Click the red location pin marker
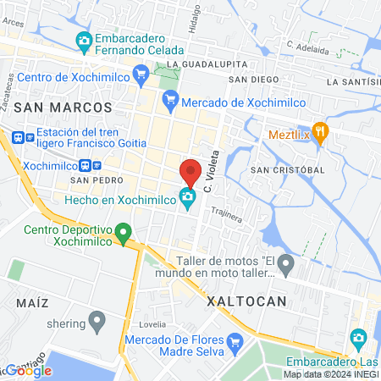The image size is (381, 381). [190, 171]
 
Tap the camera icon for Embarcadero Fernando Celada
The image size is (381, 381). [84, 40]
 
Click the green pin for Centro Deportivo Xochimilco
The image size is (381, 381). [124, 230]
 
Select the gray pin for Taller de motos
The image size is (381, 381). [286, 266]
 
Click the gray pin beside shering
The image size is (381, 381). [97, 321]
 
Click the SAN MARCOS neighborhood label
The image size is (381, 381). [63, 108]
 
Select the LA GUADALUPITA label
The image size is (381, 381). [207, 64]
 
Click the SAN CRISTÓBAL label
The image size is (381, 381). [288, 169]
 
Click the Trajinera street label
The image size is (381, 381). [226, 215]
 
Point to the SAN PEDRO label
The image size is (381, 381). [91, 180]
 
